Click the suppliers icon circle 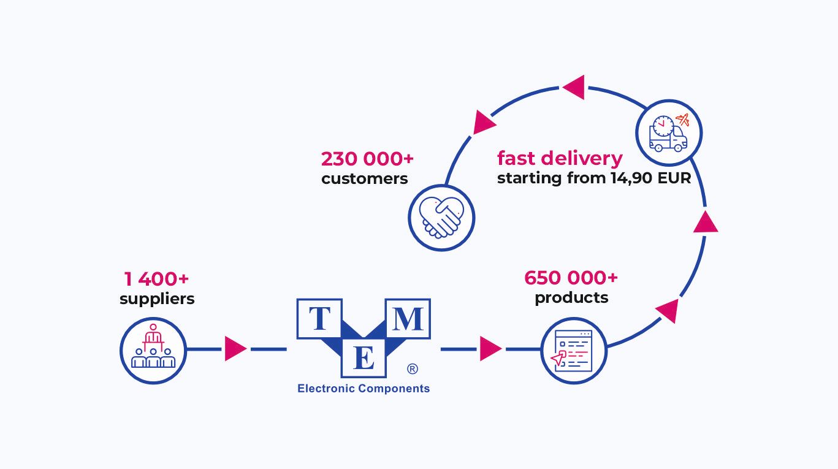(x=153, y=350)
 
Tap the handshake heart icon (x=441, y=217)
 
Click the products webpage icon (x=574, y=350)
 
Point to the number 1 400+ (x=156, y=279)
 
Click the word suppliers (x=157, y=299)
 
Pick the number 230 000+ (x=367, y=159)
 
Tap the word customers (x=364, y=178)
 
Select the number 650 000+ (x=571, y=278)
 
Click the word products (x=571, y=298)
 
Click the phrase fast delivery (x=559, y=158)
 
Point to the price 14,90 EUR (x=650, y=178)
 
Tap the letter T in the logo (x=319, y=319)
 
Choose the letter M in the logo (x=407, y=319)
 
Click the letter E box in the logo (x=364, y=358)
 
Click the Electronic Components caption (x=364, y=388)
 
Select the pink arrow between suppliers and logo (x=234, y=349)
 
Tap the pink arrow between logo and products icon (x=489, y=349)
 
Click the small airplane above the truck (x=682, y=120)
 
